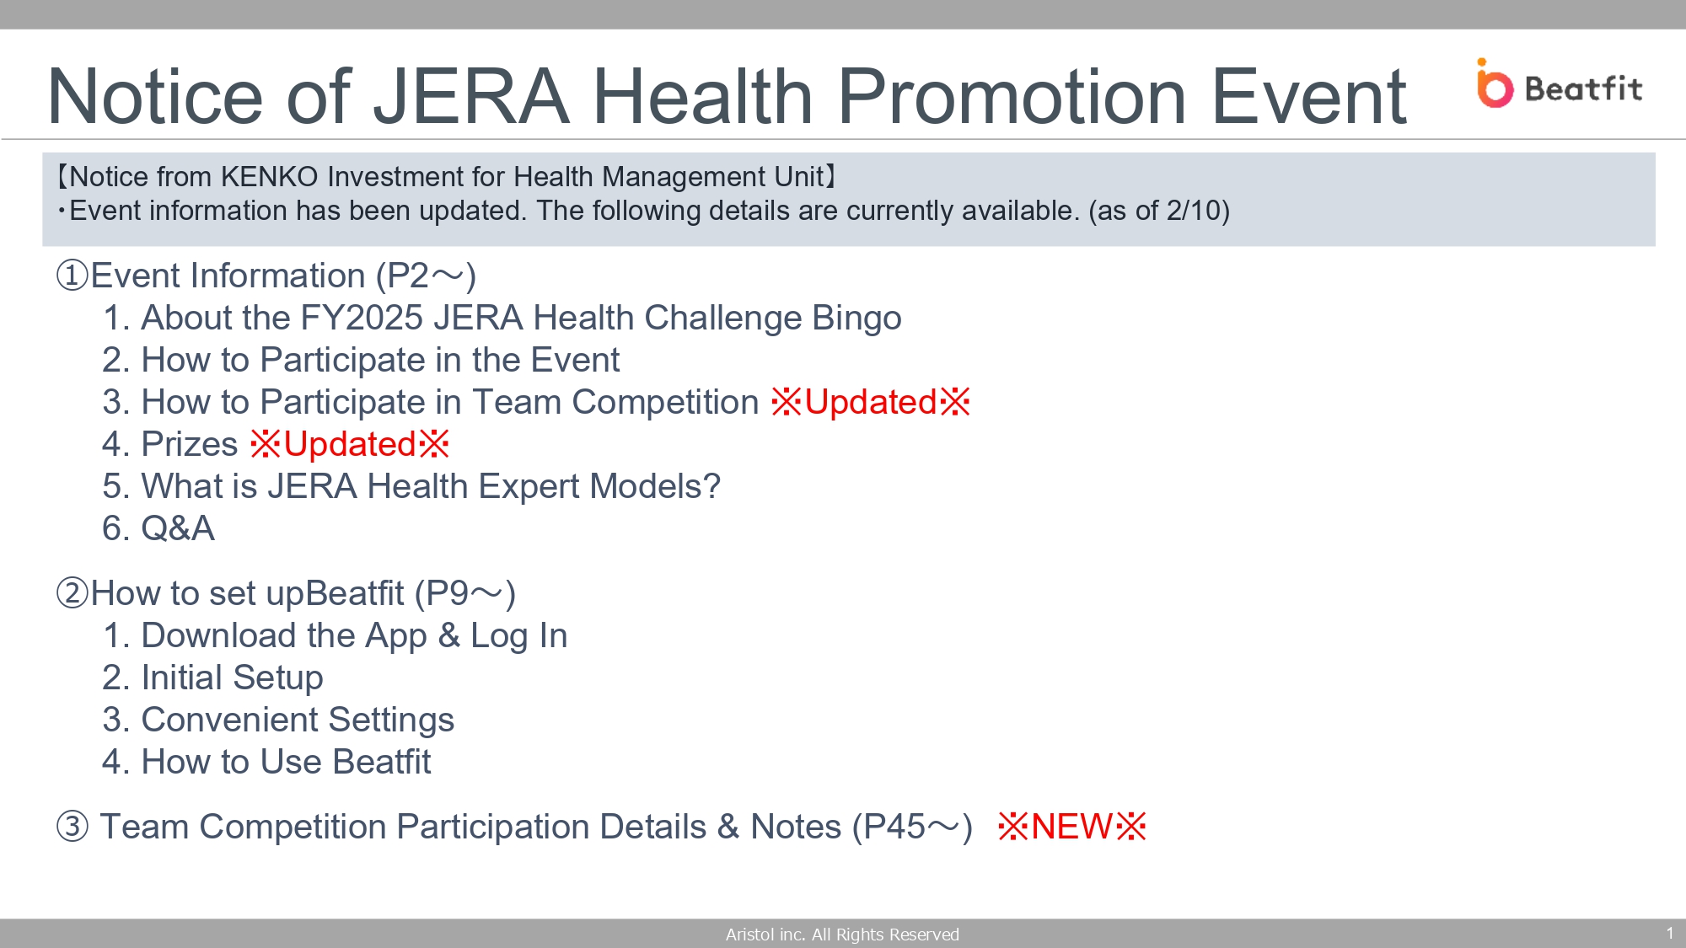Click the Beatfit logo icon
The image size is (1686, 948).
[1495, 83]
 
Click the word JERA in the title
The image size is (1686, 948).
[471, 97]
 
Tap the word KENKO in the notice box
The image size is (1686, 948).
[269, 177]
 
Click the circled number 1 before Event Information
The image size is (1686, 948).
[72, 276]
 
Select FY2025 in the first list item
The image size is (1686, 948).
[362, 318]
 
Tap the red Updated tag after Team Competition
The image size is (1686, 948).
[871, 402]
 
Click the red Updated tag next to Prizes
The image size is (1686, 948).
[350, 444]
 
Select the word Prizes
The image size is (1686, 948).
[190, 444]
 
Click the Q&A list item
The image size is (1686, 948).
[158, 528]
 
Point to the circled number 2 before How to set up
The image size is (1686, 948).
[72, 593]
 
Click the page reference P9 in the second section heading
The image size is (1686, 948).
[447, 593]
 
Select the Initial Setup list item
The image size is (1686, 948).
[212, 678]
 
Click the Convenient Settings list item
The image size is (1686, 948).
[278, 720]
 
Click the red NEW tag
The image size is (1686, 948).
[1072, 827]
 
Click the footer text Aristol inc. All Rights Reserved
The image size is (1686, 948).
[842, 934]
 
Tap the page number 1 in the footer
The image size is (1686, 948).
[1669, 933]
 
